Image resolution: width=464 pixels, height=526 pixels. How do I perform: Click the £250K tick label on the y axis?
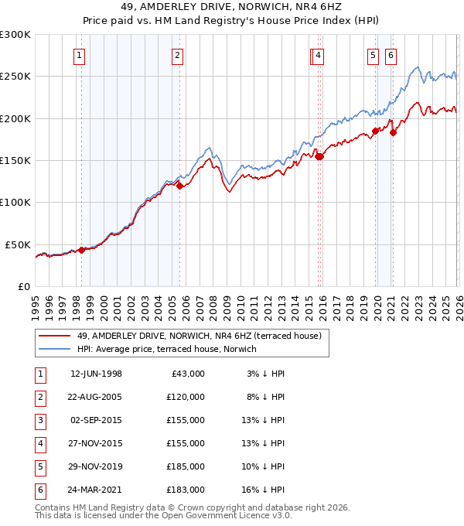15,77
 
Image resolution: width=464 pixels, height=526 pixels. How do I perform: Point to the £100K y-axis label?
15,202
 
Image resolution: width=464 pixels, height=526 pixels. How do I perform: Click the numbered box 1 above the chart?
80,55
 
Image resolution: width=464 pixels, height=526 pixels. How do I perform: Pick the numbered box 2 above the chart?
178,55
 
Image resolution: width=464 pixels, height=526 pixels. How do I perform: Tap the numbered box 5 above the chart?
374,55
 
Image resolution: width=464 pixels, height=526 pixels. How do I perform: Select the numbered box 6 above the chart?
391,55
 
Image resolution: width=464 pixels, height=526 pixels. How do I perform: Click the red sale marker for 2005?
179,186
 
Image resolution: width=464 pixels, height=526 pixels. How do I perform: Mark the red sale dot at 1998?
81,250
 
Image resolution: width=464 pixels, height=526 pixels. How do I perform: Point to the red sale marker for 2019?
375,131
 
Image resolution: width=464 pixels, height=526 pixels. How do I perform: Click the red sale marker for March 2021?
393,133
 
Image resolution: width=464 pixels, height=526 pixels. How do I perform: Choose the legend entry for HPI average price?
166,349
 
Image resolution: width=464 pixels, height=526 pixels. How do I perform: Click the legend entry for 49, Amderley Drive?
203,336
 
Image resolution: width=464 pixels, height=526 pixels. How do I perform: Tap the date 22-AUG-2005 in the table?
96,397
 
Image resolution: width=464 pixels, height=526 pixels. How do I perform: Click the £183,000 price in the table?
186,490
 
